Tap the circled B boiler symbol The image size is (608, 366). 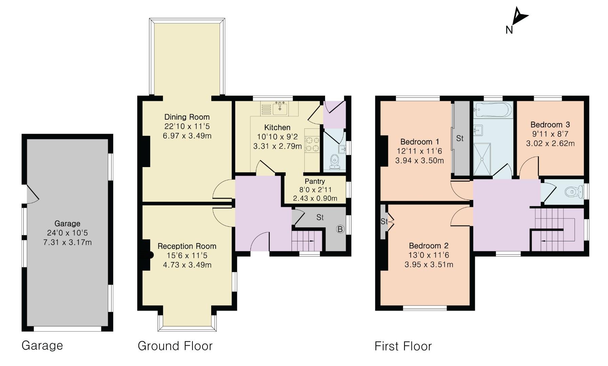[x=340, y=229]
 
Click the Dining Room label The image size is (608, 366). [x=187, y=117]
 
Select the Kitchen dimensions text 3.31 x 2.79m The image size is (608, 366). [x=277, y=146]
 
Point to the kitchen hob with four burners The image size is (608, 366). [x=312, y=144]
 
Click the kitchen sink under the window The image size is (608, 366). [x=280, y=108]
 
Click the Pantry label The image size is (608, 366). [x=315, y=181]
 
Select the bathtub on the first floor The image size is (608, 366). [x=493, y=109]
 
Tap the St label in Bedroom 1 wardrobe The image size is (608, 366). [x=460, y=138]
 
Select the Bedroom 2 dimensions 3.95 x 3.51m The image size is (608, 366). [x=429, y=265]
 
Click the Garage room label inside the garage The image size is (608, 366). [x=67, y=224]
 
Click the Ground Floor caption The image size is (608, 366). [x=175, y=346]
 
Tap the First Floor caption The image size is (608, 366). [x=403, y=346]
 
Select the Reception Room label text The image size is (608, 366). [x=187, y=246]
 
